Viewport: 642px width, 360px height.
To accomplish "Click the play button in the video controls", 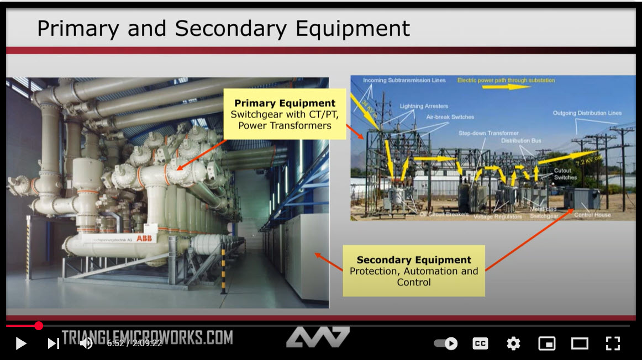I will (20, 343).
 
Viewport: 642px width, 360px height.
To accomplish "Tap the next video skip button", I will (53, 343).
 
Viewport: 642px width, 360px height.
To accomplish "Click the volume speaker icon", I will (86, 343).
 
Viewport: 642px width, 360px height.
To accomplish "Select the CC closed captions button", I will (480, 343).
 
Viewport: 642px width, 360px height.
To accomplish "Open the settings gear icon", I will (513, 343).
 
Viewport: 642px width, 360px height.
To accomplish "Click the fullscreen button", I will (613, 343).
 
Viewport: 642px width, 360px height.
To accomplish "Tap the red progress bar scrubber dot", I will (39, 326).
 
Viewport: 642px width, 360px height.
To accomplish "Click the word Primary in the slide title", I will (77, 29).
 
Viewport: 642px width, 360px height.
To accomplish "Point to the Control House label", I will (592, 215).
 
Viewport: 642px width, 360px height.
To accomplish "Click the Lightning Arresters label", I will (424, 106).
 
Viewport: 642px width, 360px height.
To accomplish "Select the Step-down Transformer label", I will (488, 133).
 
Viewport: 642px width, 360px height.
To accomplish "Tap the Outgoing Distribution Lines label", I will (587, 113).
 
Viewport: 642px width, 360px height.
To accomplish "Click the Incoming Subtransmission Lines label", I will (404, 81).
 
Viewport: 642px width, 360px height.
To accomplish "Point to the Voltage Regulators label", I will (497, 216).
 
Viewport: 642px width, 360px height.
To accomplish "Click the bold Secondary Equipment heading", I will (414, 260).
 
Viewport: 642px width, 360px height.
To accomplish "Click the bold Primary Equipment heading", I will (285, 103).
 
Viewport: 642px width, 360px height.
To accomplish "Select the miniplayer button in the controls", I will (546, 343).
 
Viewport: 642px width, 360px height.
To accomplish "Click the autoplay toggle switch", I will (446, 343).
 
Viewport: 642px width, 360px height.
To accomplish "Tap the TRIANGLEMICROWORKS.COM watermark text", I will (147, 337).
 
